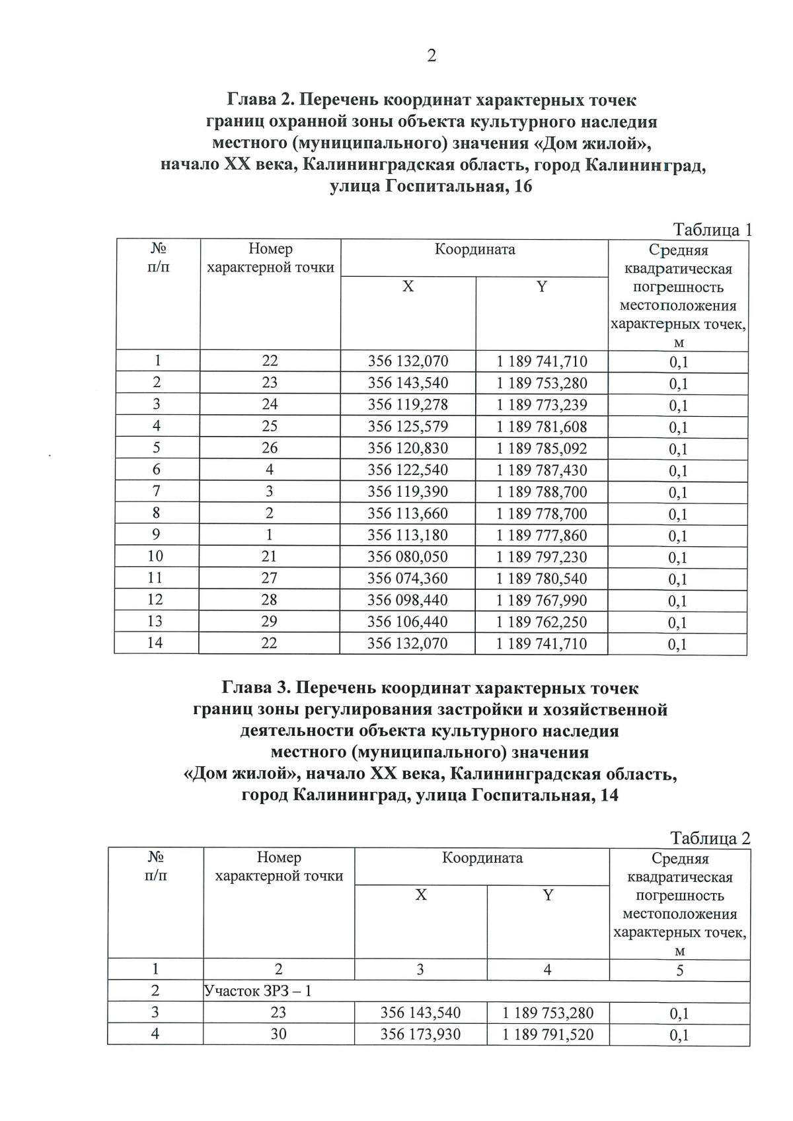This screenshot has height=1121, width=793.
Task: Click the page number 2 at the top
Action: click(x=432, y=56)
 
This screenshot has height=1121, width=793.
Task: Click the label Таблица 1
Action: click(x=712, y=230)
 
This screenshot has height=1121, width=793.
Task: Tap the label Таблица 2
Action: click(x=710, y=838)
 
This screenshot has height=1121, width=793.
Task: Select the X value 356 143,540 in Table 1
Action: click(x=408, y=383)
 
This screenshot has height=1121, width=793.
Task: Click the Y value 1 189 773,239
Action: click(x=541, y=405)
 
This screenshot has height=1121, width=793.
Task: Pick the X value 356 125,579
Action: click(x=408, y=427)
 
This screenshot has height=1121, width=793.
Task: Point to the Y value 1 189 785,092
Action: click(x=541, y=449)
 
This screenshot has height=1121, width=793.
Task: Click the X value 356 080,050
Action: click(x=408, y=557)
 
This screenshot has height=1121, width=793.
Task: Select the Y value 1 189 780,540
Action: click(x=541, y=579)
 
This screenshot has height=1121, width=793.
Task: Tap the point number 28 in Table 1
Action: click(x=269, y=600)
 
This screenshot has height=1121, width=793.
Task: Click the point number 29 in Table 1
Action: click(x=269, y=622)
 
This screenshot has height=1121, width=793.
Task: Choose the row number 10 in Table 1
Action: click(x=155, y=556)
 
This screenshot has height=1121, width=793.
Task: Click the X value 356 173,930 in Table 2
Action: click(x=420, y=1034)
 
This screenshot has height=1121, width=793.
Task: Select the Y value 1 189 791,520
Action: click(x=548, y=1034)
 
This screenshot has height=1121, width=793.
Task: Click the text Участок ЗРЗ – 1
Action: click(x=258, y=991)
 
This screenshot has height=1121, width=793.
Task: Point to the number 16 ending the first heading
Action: click(x=522, y=186)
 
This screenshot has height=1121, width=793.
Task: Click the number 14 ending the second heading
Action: click(x=608, y=795)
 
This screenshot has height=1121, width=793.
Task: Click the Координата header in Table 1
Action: click(x=474, y=250)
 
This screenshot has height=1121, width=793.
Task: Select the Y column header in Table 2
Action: click(x=548, y=895)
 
